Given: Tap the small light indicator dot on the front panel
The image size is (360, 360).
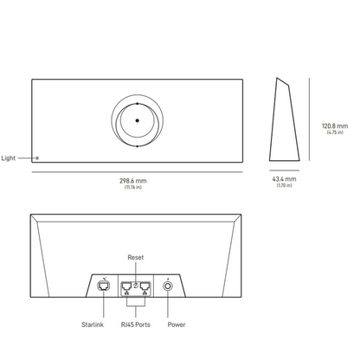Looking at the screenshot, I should pos(36,158).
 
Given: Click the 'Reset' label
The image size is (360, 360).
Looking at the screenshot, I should pos(136,258).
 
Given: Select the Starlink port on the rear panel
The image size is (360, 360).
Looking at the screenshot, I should pos(105,286).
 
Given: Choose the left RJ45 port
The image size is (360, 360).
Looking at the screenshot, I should pos(125,286).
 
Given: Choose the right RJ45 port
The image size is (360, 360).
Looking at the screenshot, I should pos(145,286).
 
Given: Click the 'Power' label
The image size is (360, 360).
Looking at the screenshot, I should pos(176,325).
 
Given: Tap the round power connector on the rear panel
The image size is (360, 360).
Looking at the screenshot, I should pos(166,286).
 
